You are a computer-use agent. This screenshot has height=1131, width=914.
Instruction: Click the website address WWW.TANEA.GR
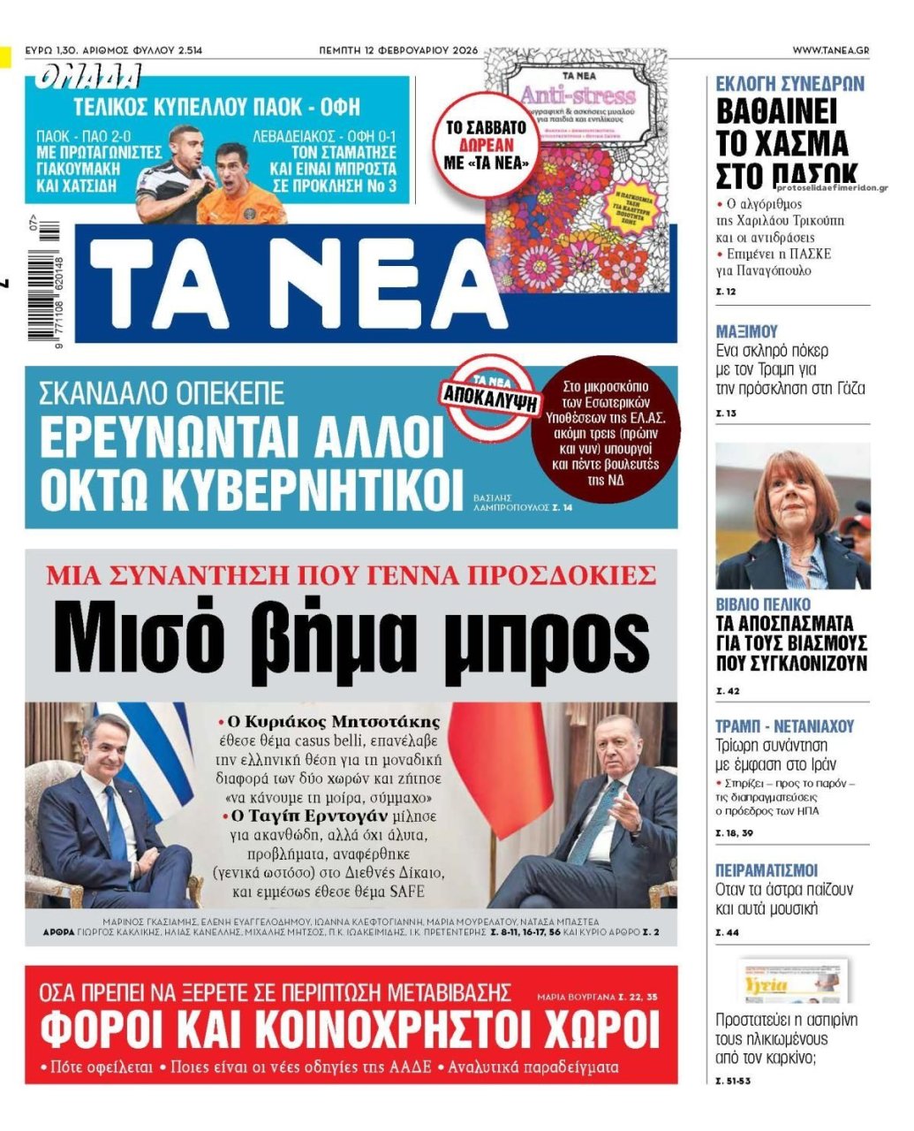click(x=829, y=50)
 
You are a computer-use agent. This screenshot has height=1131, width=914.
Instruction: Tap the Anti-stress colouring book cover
click(x=578, y=168)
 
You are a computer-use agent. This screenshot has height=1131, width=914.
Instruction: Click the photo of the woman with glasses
click(x=792, y=517)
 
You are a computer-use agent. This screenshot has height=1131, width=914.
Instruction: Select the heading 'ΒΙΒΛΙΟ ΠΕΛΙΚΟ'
click(x=762, y=604)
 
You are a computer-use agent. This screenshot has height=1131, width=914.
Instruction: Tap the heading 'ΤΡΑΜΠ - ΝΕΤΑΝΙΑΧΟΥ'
click(x=784, y=726)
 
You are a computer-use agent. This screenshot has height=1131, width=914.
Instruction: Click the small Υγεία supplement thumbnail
click(x=792, y=981)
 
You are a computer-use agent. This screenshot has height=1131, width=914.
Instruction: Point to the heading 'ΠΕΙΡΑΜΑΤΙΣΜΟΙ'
click(x=767, y=870)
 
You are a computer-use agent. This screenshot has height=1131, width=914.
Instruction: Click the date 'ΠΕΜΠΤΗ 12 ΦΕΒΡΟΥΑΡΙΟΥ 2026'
click(x=398, y=50)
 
